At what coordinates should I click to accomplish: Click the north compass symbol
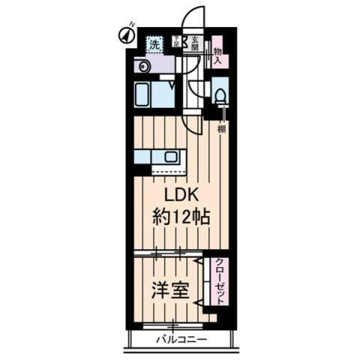(x=124, y=34)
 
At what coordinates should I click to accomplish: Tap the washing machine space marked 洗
(x=154, y=44)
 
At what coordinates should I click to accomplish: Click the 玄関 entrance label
(x=193, y=43)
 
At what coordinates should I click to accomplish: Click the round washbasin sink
(x=143, y=67)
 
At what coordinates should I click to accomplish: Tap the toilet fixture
(x=220, y=97)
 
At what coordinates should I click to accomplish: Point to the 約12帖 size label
(x=180, y=219)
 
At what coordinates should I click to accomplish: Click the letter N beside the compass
(x=132, y=25)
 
